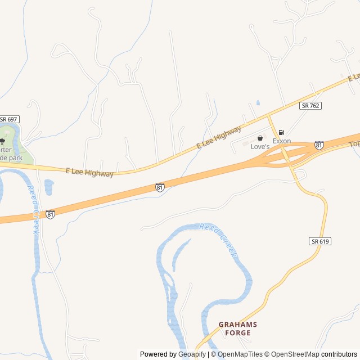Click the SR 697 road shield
click(x=9, y=119)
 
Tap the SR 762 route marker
click(x=310, y=105)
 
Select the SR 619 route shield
click(x=319, y=241)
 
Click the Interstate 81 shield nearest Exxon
click(x=319, y=145)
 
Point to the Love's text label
click(x=260, y=146)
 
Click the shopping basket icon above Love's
click(x=260, y=138)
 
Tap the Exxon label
click(x=282, y=141)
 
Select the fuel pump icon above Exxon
click(x=281, y=132)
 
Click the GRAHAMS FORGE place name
click(x=237, y=328)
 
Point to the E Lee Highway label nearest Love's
click(x=219, y=138)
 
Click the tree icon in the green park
click(x=2, y=141)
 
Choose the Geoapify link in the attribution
click(x=192, y=354)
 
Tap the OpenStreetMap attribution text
click(x=292, y=354)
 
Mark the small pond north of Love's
click(x=258, y=103)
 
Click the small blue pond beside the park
click(x=48, y=187)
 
